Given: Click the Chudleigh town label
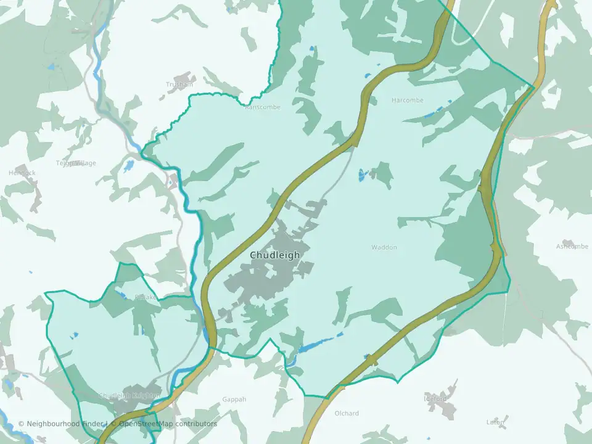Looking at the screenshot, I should (275, 255).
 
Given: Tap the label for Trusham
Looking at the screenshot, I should (179, 84).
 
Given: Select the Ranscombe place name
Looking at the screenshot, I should (263, 107).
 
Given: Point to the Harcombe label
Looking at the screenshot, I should (408, 100).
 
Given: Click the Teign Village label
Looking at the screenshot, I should (76, 163).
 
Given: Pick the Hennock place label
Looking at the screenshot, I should (22, 173).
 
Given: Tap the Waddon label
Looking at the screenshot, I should (384, 247).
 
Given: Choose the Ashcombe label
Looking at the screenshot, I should (572, 246).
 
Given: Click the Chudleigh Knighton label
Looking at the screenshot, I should (129, 395).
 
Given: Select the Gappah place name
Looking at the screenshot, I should (234, 400).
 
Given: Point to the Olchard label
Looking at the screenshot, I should (346, 413).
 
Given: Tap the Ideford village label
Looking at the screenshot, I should (435, 399).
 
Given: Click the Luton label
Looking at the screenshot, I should (496, 422).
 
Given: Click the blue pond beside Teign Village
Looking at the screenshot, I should (128, 166).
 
